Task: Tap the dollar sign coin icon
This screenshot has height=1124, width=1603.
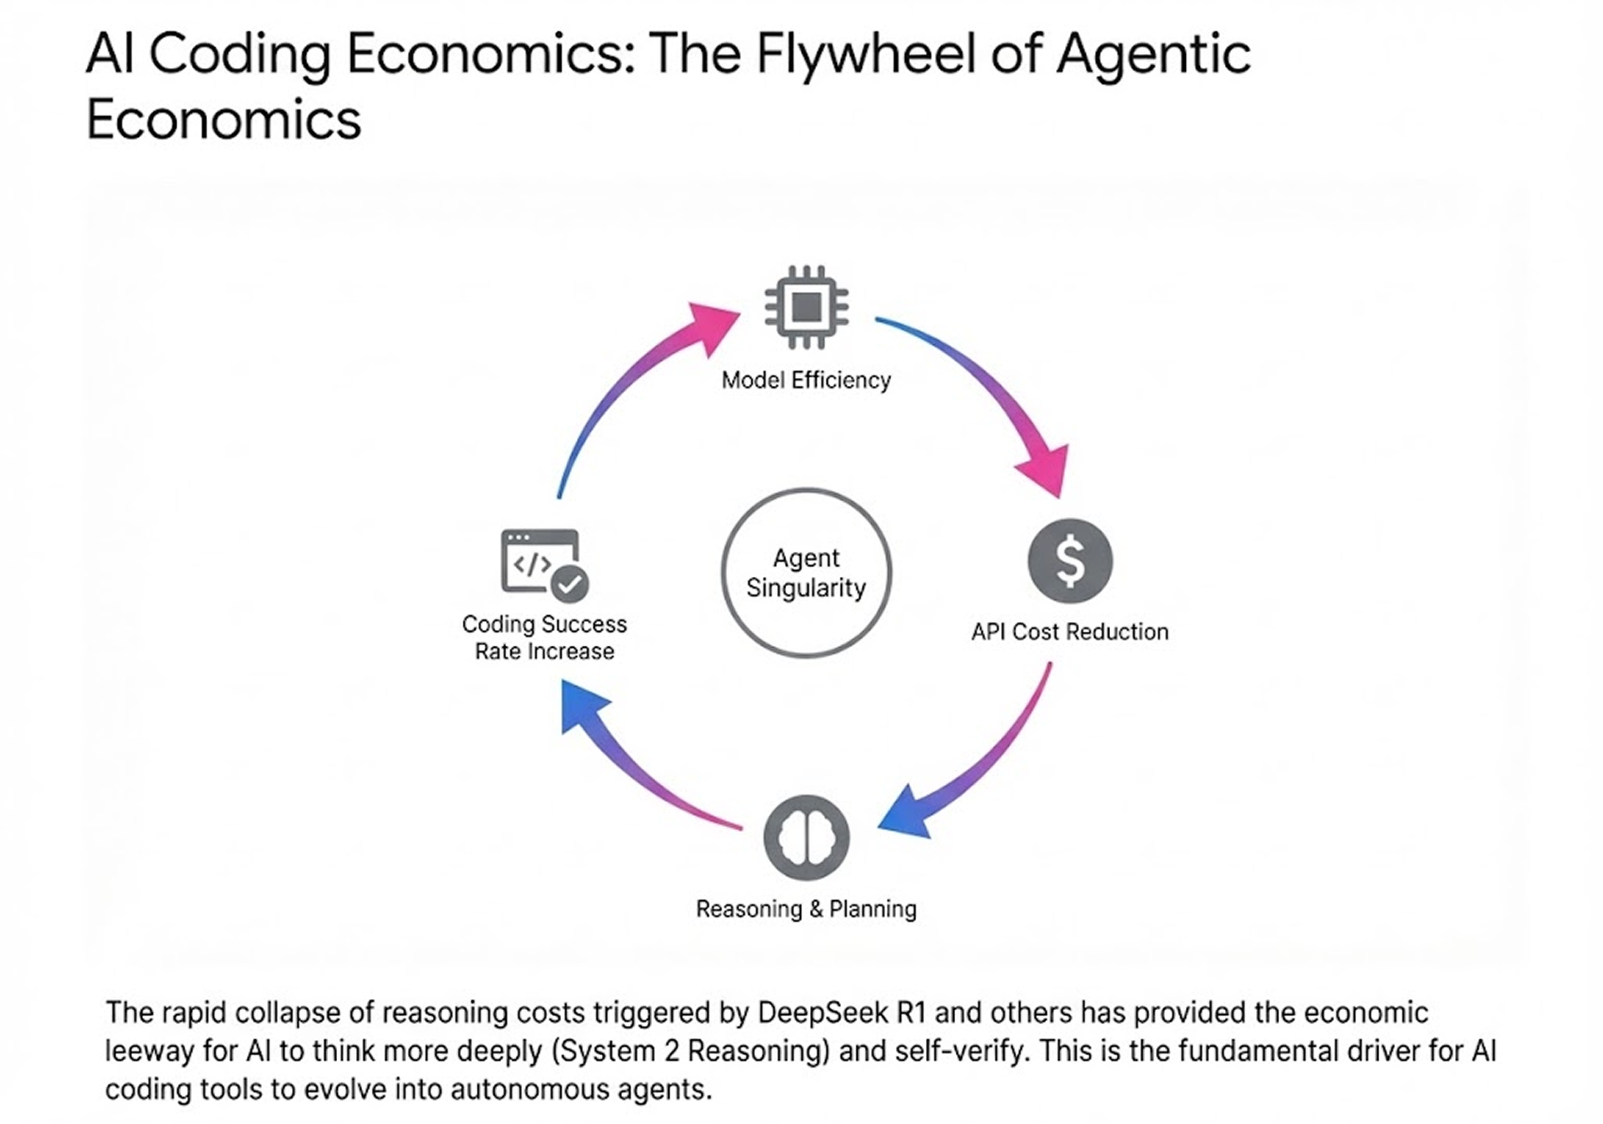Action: (x=1070, y=560)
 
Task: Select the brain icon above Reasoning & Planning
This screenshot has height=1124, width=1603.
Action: (x=806, y=837)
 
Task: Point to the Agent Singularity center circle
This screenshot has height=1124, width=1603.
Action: (x=806, y=573)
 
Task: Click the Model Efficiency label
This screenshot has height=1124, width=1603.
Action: (x=806, y=380)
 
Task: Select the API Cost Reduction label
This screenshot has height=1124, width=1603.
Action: (x=1070, y=632)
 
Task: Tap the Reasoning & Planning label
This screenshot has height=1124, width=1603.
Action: (x=806, y=909)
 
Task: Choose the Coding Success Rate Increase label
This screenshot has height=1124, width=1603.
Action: (x=544, y=637)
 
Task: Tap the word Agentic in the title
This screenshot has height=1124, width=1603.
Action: (x=1153, y=54)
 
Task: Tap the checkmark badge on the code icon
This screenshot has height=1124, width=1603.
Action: (x=570, y=584)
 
